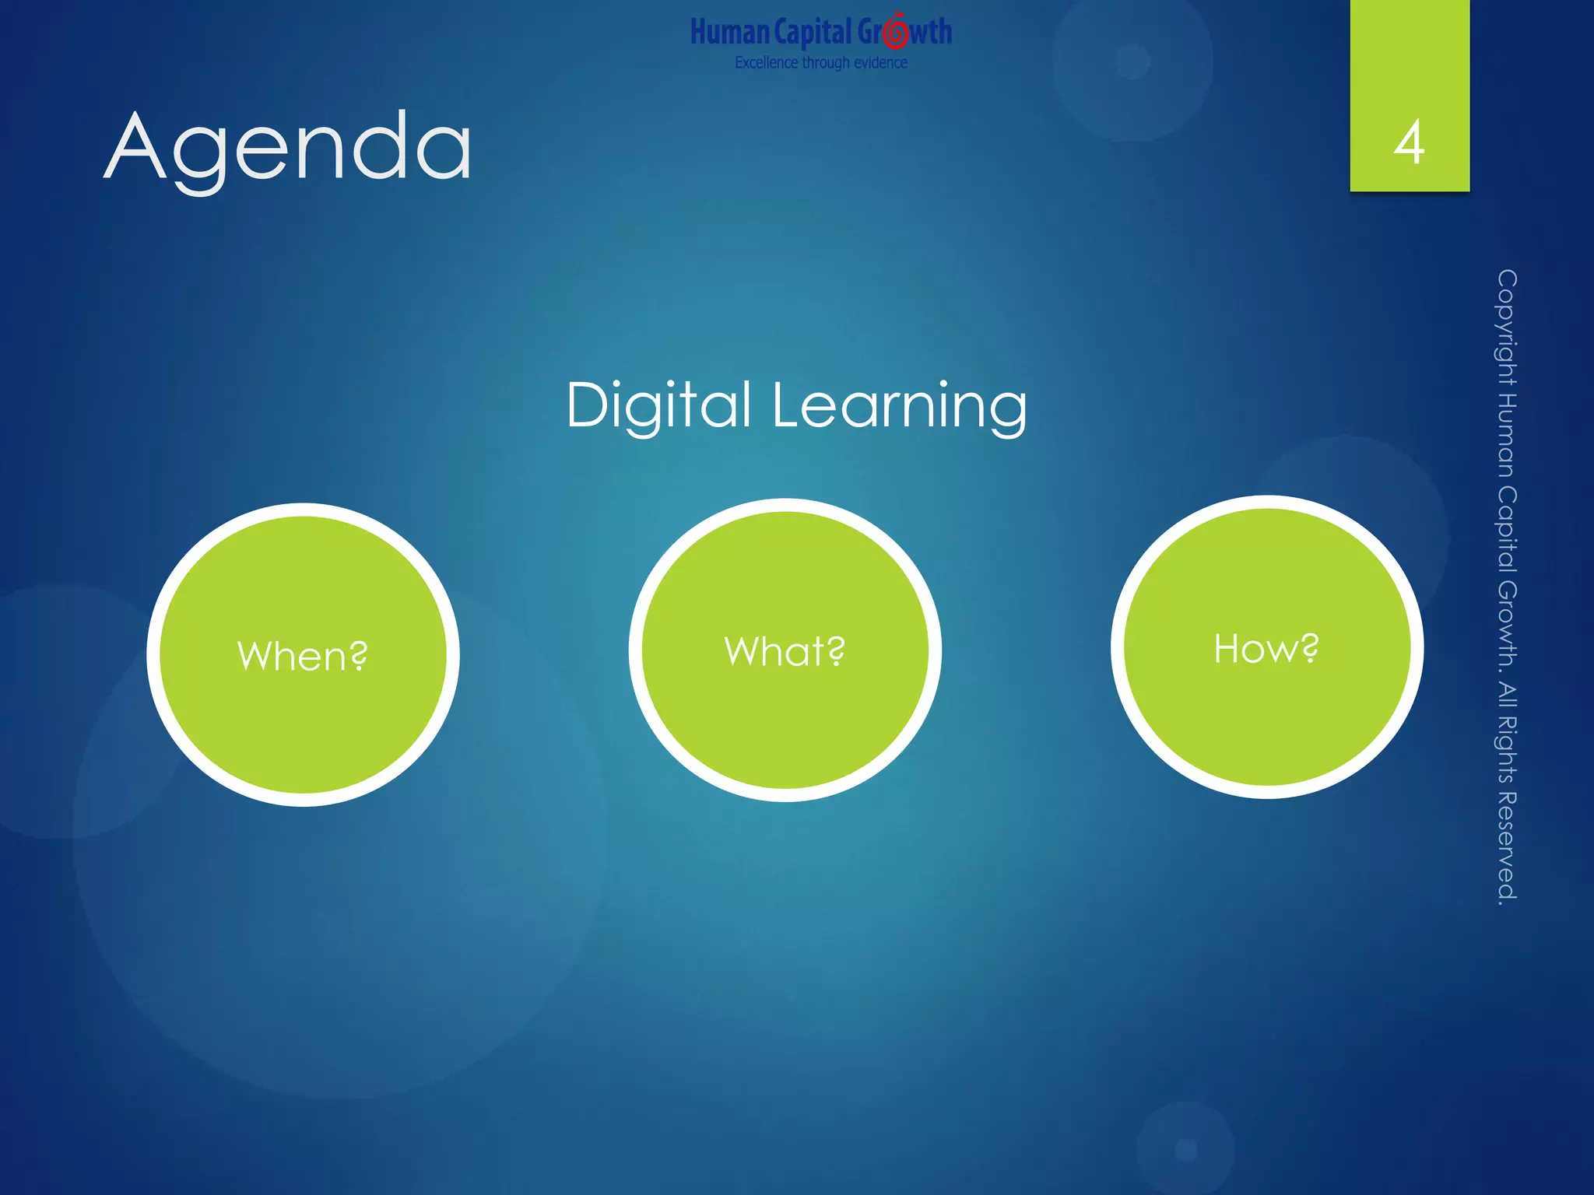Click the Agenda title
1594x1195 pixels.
288,148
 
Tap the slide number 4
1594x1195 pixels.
1410,143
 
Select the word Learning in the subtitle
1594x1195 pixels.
900,405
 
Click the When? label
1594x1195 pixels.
302,656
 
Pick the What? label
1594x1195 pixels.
785,651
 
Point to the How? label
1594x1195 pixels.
1266,648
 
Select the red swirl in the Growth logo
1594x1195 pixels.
896,31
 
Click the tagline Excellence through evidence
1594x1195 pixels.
821,62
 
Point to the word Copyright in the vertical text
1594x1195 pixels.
1507,327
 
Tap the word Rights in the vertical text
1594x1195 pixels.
1507,747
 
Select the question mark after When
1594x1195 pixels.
358,655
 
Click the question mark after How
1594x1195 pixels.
1310,647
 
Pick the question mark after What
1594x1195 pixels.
836,650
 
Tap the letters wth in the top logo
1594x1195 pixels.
931,33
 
